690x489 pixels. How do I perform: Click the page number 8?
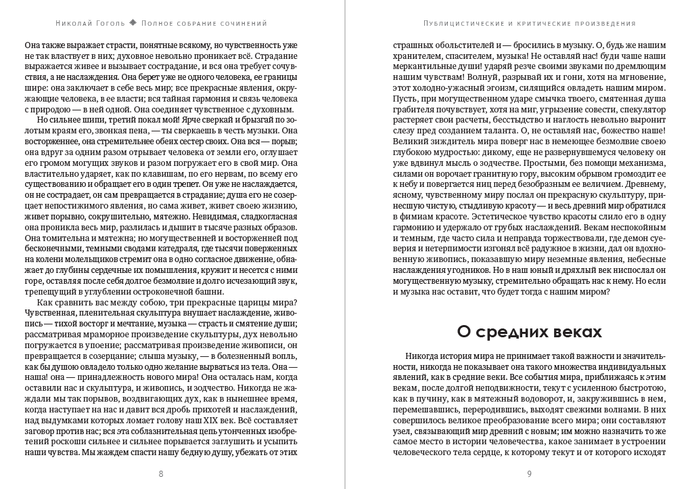[160, 473]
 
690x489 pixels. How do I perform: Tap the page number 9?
[529, 473]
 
